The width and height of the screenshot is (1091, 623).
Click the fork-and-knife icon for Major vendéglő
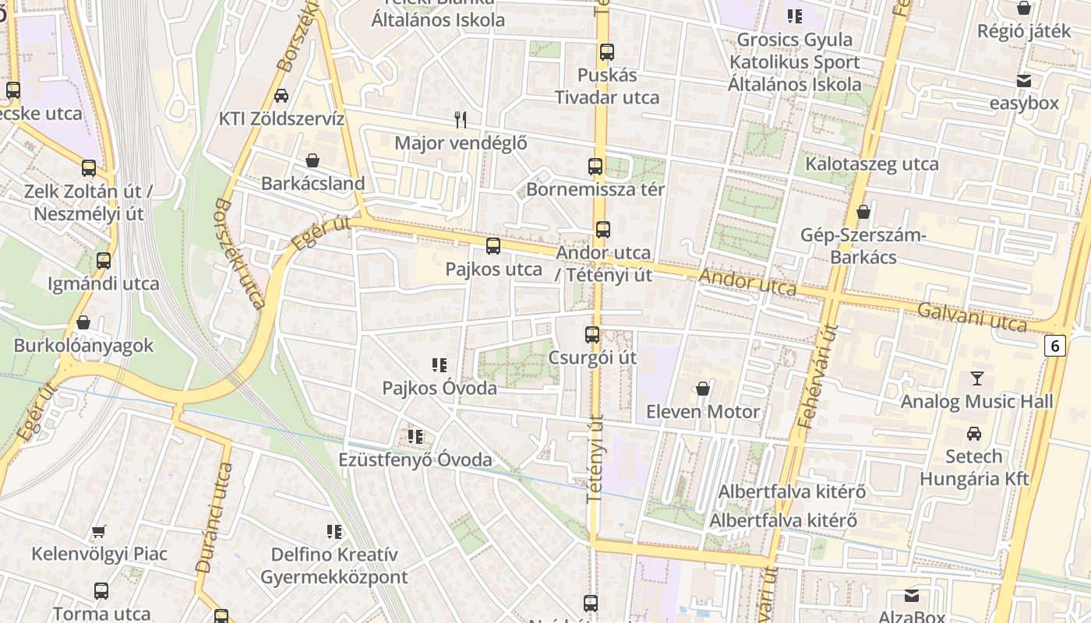point(461,119)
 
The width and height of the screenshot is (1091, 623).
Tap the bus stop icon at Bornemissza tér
point(595,167)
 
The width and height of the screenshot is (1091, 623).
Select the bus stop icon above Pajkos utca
point(493,247)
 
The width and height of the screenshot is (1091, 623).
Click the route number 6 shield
point(1054,345)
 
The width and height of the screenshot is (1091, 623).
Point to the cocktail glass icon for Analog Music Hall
point(976,379)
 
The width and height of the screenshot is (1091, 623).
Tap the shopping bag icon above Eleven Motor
point(703,389)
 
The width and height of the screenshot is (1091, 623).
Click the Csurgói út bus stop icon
point(592,335)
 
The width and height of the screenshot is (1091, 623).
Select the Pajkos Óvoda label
point(439,388)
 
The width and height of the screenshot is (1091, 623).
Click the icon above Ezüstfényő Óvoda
point(415,437)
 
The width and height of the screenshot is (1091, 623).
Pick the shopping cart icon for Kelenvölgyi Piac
point(99,532)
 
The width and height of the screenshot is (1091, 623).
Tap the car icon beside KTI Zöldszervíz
point(281,96)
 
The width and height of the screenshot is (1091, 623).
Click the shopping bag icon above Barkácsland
point(312,160)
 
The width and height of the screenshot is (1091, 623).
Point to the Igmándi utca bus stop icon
point(104,261)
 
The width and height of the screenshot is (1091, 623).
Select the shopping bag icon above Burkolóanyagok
point(83,322)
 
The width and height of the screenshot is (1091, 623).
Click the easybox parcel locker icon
point(1024,80)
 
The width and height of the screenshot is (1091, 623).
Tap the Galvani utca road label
point(971,317)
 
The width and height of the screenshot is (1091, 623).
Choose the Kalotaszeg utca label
point(871,164)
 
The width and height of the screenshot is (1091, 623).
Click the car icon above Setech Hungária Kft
point(974,434)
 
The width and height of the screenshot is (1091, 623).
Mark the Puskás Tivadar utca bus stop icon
point(607,52)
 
